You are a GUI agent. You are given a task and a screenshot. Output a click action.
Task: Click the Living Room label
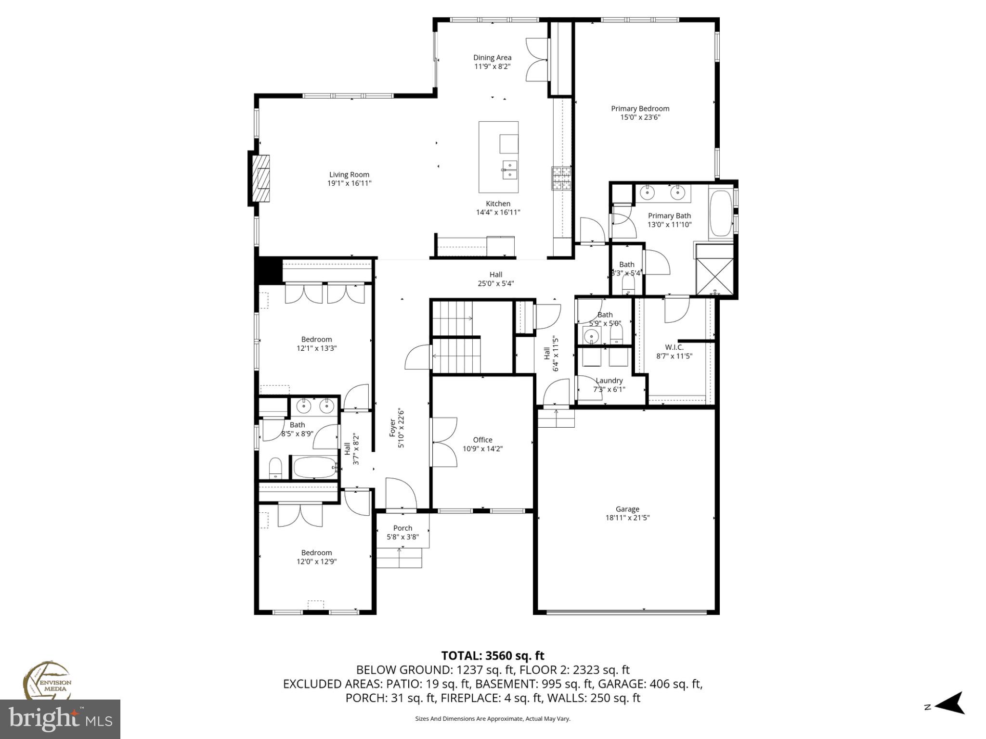(349, 175)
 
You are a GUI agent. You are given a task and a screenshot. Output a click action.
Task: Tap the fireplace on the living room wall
(262, 178)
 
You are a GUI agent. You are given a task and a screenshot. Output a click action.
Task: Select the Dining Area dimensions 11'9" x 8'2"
(492, 66)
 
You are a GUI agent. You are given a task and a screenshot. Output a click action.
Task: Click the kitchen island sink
(509, 170)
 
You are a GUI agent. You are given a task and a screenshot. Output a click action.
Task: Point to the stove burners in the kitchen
(561, 178)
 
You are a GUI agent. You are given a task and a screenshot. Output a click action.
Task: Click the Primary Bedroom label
(640, 109)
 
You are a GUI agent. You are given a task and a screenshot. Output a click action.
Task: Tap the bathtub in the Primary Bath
(720, 214)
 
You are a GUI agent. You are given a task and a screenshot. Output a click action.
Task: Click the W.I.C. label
(674, 347)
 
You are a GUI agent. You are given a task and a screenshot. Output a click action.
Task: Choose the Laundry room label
(609, 381)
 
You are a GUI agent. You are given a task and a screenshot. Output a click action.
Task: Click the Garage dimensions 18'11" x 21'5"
(627, 518)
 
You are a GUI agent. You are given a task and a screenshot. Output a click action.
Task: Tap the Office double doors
(444, 442)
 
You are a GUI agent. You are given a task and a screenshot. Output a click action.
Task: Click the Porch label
(402, 528)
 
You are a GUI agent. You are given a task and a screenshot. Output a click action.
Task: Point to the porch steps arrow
(399, 557)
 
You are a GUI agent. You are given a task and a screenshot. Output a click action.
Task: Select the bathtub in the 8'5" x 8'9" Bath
(315, 467)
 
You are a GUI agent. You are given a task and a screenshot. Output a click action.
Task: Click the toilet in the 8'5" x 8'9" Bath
(275, 468)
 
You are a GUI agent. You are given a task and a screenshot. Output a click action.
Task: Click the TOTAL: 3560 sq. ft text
(493, 655)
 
